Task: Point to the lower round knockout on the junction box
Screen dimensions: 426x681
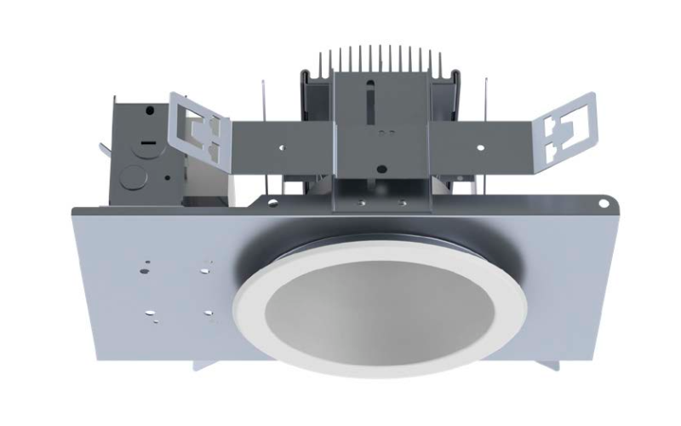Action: tap(133, 178)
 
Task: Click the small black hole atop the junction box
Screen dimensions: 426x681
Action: tap(150, 110)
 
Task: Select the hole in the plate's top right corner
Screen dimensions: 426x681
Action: tap(604, 203)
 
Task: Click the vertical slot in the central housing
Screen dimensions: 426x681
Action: tap(367, 110)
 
